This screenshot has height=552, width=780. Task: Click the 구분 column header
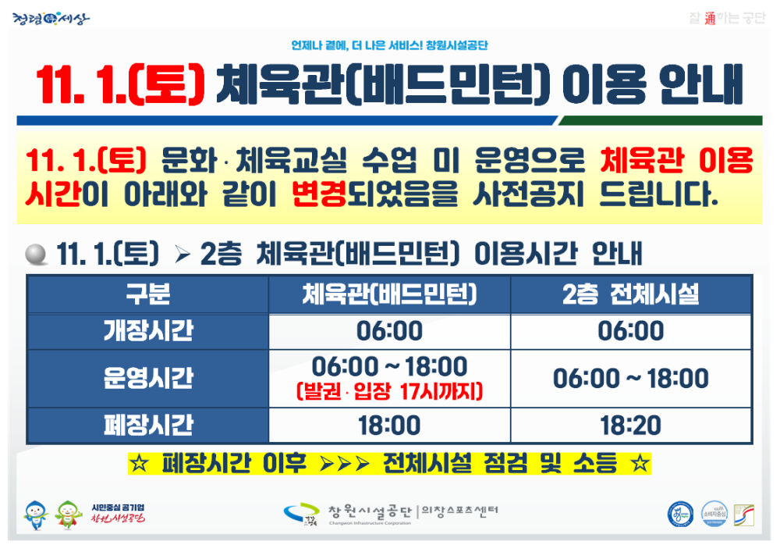pyautogui.click(x=147, y=294)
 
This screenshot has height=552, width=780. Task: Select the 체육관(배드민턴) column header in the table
pyautogui.click(x=389, y=294)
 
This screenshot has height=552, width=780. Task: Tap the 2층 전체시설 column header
pyautogui.click(x=630, y=294)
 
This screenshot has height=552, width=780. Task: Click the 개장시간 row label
pyautogui.click(x=147, y=332)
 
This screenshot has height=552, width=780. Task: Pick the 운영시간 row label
pyautogui.click(x=147, y=379)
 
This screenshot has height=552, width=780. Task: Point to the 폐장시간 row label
pyautogui.click(x=147, y=426)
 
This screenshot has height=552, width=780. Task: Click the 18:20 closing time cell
pyautogui.click(x=630, y=426)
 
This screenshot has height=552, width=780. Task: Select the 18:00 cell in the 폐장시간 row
pyautogui.click(x=389, y=426)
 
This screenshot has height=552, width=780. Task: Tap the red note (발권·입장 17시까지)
pyautogui.click(x=389, y=391)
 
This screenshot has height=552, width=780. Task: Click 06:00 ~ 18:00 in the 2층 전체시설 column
pyautogui.click(x=630, y=379)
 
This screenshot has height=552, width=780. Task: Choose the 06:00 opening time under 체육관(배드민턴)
pyautogui.click(x=389, y=332)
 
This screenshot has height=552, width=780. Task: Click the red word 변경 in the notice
pyautogui.click(x=318, y=192)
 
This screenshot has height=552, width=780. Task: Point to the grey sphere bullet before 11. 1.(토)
pyautogui.click(x=36, y=254)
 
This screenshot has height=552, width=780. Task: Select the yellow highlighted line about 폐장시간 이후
pyautogui.click(x=389, y=464)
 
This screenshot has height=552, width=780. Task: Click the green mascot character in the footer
pyautogui.click(x=68, y=513)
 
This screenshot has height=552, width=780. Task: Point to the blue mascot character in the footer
pyautogui.click(x=36, y=513)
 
